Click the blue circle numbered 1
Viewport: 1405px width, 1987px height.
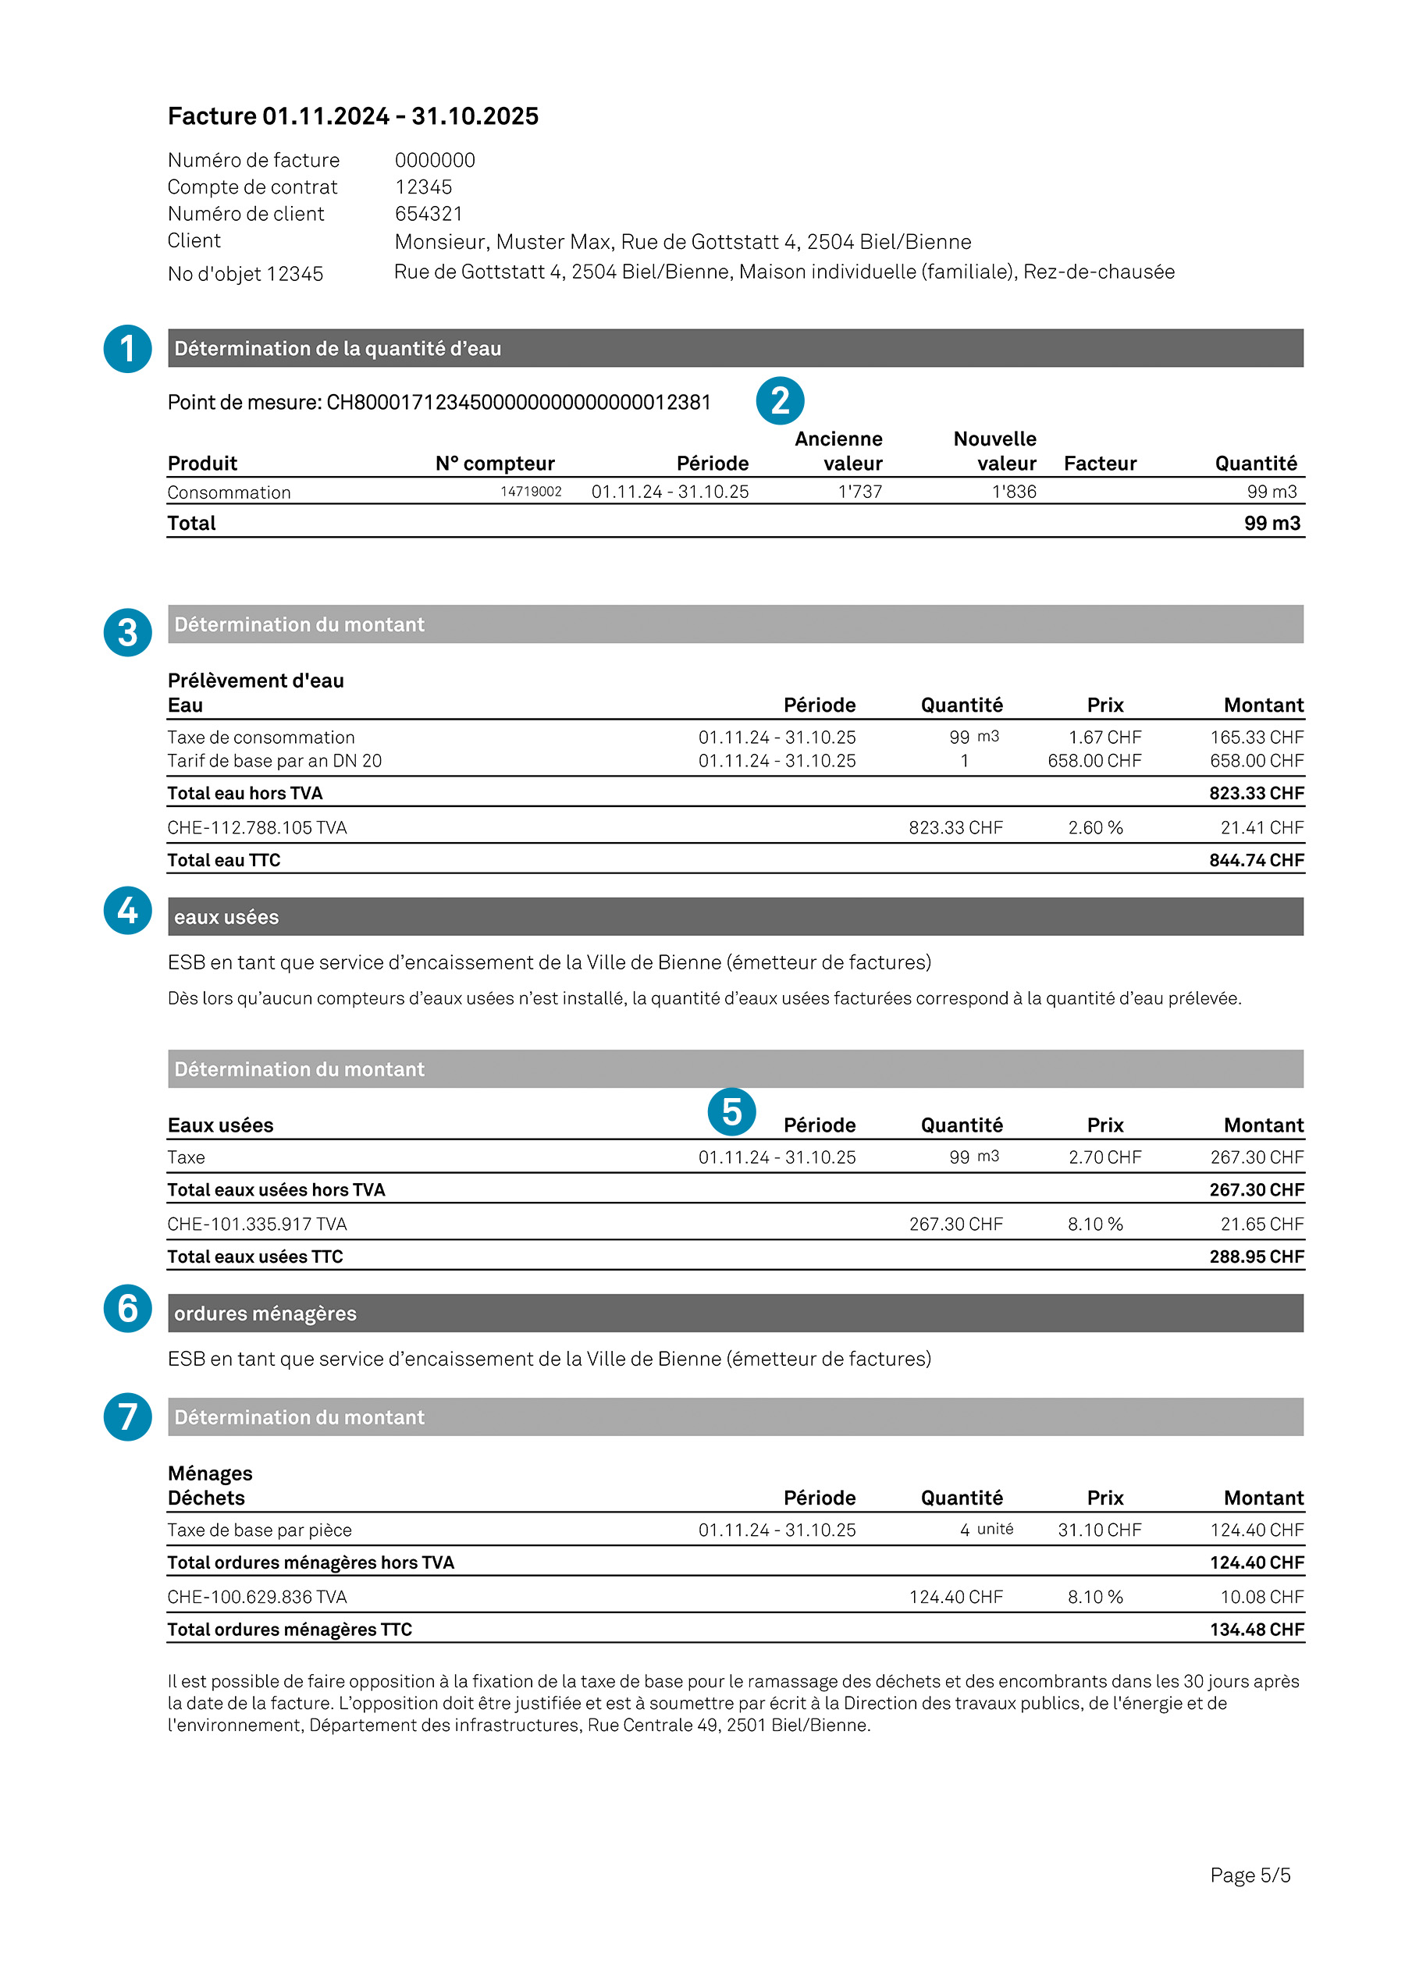[x=127, y=349]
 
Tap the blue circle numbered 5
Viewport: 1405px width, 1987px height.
[x=731, y=1111]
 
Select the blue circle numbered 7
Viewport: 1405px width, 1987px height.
[x=127, y=1416]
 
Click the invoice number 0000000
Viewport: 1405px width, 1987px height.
[x=435, y=160]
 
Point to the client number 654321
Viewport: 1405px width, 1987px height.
[x=429, y=214]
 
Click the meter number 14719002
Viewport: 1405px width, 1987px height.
[x=531, y=492]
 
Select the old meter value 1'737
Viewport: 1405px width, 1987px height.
[x=859, y=492]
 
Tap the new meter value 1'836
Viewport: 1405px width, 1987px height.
[x=1014, y=492]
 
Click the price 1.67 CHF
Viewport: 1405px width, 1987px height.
[x=1104, y=738]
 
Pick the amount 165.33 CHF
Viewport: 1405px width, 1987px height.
[x=1256, y=738]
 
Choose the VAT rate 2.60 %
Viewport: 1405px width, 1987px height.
[x=1095, y=827]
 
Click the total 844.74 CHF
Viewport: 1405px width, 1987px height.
[x=1256, y=860]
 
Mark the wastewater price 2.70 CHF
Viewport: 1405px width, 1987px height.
[x=1104, y=1157]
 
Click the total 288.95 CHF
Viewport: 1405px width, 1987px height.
[x=1256, y=1257]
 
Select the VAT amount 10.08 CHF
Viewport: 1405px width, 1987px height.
[x=1261, y=1597]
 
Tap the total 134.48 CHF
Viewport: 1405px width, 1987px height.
[x=1256, y=1630]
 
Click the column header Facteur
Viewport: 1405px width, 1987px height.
[x=1100, y=464]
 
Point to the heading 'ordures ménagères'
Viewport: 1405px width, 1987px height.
[x=265, y=1313]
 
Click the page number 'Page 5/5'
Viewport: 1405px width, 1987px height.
[x=1250, y=1875]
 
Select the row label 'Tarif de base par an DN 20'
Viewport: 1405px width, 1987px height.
[x=275, y=761]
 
